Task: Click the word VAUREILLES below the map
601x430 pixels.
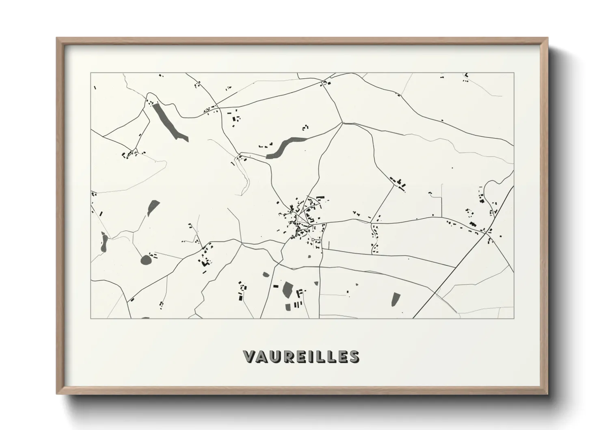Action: [300, 356]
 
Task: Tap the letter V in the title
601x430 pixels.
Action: [249, 356]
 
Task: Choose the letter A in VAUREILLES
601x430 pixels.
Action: [261, 356]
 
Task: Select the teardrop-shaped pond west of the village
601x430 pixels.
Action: [153, 208]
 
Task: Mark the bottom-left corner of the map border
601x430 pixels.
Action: [91, 318]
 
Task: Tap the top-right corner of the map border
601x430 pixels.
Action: [514, 73]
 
